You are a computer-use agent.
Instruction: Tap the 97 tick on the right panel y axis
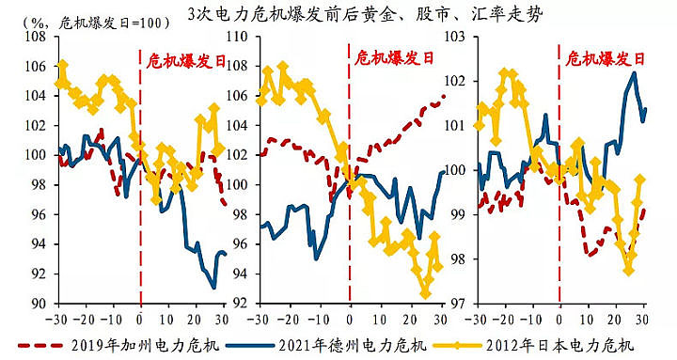coord(457,304)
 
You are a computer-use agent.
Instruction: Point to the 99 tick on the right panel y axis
coord(457,214)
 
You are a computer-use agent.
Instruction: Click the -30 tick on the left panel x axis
coord(58,318)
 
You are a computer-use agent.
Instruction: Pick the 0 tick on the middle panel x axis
coord(350,318)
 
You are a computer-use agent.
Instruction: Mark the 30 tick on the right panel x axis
coord(643,318)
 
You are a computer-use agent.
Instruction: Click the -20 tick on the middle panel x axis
coord(292,318)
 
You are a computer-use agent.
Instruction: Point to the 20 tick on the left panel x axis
coord(196,318)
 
